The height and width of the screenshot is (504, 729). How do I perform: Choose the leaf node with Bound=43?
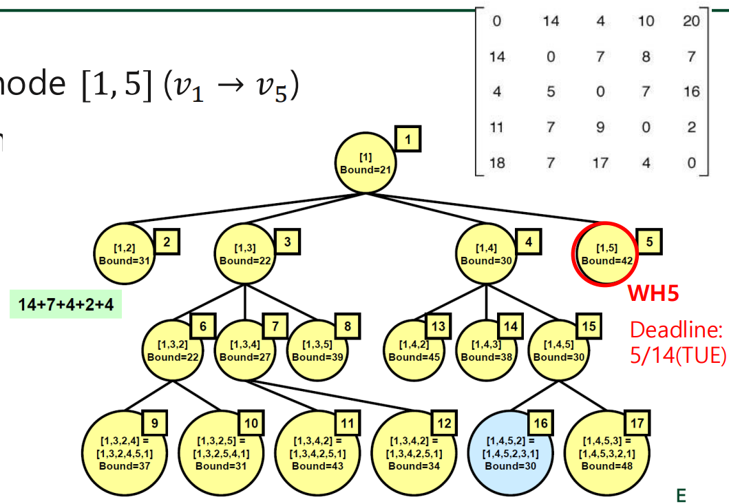pyautogui.click(x=319, y=452)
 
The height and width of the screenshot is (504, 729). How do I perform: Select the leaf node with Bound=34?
pyautogui.click(x=414, y=452)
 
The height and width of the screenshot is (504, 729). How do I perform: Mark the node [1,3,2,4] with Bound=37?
pyautogui.click(x=125, y=452)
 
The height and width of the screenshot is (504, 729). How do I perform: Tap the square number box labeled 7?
pyautogui.click(x=275, y=326)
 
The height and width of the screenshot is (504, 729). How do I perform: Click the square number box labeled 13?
pyautogui.click(x=436, y=326)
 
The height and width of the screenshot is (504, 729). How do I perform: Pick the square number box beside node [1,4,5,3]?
pyautogui.click(x=637, y=423)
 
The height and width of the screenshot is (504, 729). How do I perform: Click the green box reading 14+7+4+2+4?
pyautogui.click(x=66, y=304)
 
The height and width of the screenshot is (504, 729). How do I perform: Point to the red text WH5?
pyautogui.click(x=653, y=295)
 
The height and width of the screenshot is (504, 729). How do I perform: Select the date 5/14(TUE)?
pyautogui.click(x=678, y=355)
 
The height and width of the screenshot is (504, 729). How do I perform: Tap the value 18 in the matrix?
pyautogui.click(x=496, y=163)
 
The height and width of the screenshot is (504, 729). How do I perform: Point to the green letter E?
pyautogui.click(x=682, y=494)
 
